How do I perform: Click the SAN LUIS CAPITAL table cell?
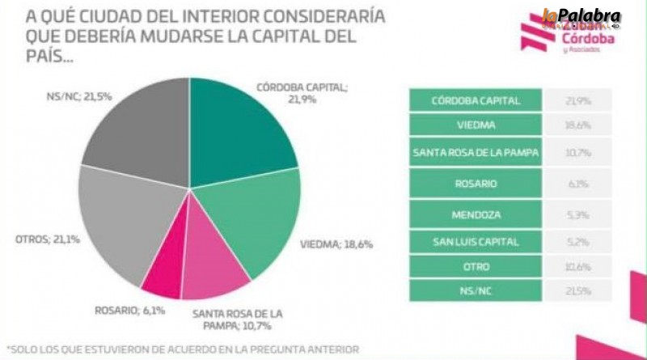tap(475, 241)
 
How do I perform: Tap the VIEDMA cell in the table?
tap(475, 125)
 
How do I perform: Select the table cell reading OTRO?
tap(475, 266)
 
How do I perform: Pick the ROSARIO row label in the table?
tap(475, 184)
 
